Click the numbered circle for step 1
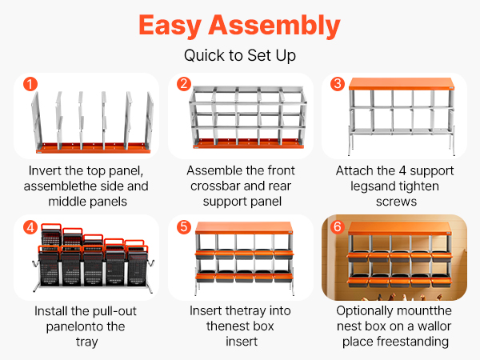point(30,84)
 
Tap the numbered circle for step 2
point(184,84)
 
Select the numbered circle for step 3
point(338,84)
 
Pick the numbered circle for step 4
point(30,227)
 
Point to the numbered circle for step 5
point(184,227)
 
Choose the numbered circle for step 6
point(338,227)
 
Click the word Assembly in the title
point(274,26)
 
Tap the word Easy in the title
point(170,26)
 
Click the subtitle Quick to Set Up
point(240,56)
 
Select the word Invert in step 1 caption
point(45,170)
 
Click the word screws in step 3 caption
point(397,202)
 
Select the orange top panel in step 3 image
point(402,83)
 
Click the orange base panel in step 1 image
point(94,147)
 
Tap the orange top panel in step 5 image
point(244,228)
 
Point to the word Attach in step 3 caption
point(351,170)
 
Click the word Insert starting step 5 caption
point(205,310)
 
